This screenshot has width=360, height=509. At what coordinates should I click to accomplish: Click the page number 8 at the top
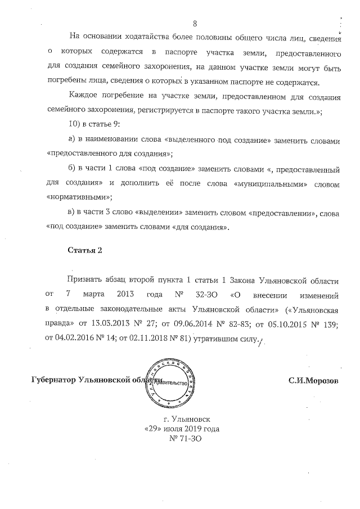point(195,24)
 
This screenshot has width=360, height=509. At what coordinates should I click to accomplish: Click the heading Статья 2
point(84,251)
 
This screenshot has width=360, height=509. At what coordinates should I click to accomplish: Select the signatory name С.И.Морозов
point(313,381)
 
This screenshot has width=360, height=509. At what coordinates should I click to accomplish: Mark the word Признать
point(85,280)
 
